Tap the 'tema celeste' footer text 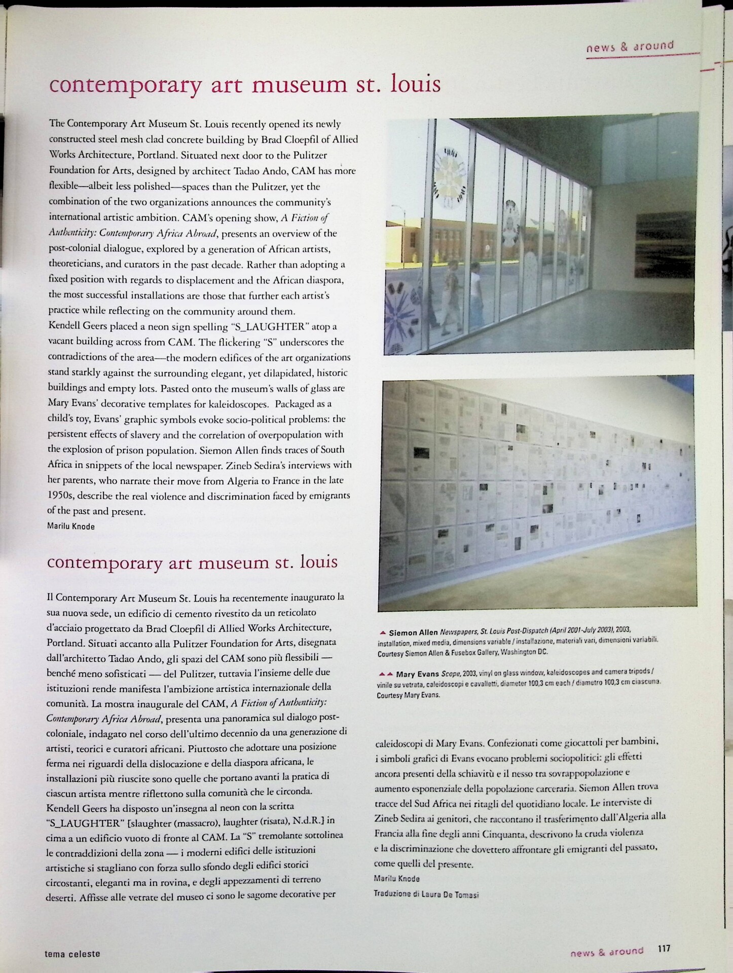coord(72,953)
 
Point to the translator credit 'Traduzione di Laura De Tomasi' coord(426,894)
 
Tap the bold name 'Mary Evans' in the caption coord(418,674)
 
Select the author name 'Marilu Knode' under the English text coord(71,526)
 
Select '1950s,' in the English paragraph coord(62,496)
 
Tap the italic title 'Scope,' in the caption coord(450,674)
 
